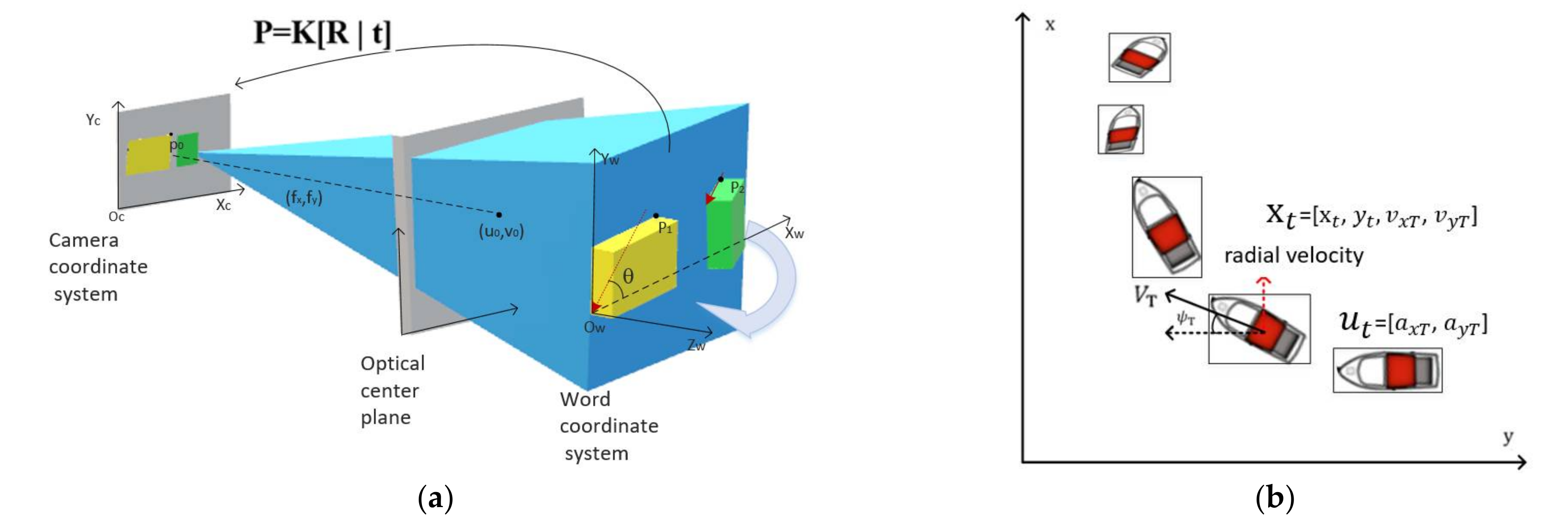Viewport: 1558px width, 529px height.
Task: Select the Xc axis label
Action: (223, 205)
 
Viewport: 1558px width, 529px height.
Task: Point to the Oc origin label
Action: (116, 217)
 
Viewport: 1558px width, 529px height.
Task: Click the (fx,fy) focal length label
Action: (304, 197)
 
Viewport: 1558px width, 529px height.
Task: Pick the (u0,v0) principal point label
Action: (501, 232)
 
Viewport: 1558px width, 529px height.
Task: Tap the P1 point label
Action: (665, 228)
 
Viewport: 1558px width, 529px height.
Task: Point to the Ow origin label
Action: (594, 328)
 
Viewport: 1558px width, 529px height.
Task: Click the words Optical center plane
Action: (392, 390)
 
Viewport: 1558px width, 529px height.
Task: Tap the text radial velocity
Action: (1293, 255)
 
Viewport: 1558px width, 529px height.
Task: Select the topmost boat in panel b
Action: (1139, 57)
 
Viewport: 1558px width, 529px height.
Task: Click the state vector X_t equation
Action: (1371, 216)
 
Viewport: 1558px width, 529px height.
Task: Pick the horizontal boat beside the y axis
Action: (1387, 370)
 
